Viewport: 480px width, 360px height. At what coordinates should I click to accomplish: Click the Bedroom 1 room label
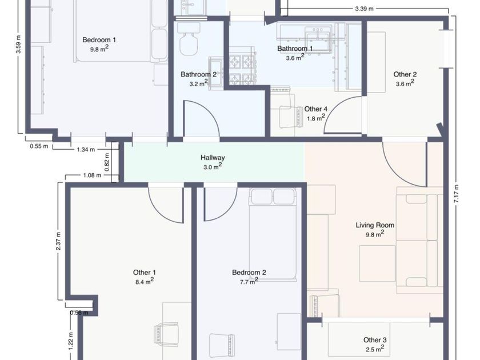[x=99, y=40]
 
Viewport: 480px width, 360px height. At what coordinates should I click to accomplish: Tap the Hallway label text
[x=213, y=158]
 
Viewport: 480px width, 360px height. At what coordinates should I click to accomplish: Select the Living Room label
[x=375, y=225]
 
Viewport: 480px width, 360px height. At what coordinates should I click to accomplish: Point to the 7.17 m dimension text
[x=456, y=194]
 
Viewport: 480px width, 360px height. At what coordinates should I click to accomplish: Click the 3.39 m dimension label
[x=365, y=9]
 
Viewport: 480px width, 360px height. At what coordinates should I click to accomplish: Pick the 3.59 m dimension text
[x=19, y=45]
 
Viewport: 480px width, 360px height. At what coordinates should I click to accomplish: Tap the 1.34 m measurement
[x=86, y=150]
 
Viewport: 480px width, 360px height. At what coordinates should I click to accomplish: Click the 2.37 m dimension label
[x=58, y=241]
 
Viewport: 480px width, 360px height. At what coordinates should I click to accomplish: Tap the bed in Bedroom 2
[x=273, y=234]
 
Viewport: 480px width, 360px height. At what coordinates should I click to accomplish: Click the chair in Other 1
[x=166, y=335]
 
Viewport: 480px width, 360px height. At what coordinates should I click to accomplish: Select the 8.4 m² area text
[x=145, y=281]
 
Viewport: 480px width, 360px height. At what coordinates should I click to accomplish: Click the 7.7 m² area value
[x=249, y=281]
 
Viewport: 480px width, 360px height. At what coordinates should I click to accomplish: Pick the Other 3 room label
[x=375, y=340]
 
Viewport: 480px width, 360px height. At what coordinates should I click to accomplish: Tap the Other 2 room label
[x=405, y=74]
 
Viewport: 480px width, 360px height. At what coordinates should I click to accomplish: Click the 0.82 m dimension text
[x=107, y=162]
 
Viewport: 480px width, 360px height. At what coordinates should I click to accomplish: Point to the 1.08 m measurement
[x=92, y=175]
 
